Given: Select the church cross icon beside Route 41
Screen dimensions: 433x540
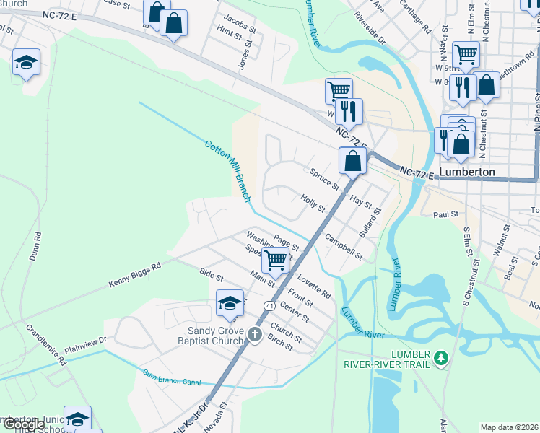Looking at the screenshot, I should click(x=254, y=334).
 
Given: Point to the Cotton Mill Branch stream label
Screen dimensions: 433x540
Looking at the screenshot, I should click(x=227, y=170).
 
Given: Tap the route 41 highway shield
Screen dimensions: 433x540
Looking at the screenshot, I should click(x=269, y=306).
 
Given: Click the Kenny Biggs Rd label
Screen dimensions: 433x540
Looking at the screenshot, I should click(x=135, y=274).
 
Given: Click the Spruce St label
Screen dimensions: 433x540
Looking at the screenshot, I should click(x=324, y=178).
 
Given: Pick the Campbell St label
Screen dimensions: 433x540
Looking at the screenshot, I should click(x=343, y=246).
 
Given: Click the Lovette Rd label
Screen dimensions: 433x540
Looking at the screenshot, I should click(x=313, y=284).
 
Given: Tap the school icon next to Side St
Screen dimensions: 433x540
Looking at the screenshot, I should click(x=230, y=303).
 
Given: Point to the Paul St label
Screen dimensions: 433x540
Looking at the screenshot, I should click(x=445, y=214).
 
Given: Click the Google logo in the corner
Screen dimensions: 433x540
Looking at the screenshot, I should click(x=24, y=424).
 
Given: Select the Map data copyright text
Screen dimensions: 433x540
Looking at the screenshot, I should click(x=509, y=427).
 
